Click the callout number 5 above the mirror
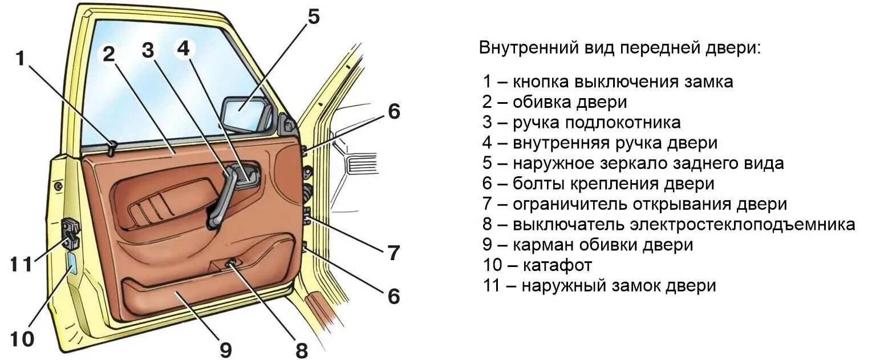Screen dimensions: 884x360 click(x=313, y=17)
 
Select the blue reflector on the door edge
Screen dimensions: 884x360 click(x=73, y=266)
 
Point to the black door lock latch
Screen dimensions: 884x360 click(x=71, y=233)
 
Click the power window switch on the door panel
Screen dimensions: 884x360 click(x=231, y=264)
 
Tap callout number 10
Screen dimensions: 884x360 click(x=22, y=339)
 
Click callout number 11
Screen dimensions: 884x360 click(x=21, y=265)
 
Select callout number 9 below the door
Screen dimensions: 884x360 click(x=226, y=349)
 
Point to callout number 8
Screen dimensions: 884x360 click(x=301, y=350)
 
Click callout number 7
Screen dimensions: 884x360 click(x=394, y=253)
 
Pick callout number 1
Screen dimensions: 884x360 click(x=21, y=58)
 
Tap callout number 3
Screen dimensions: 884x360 click(x=148, y=51)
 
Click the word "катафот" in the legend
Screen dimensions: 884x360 click(x=555, y=265)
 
